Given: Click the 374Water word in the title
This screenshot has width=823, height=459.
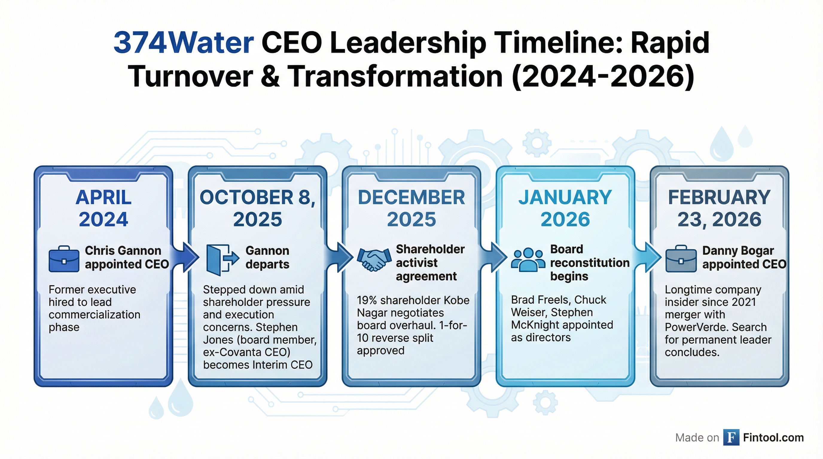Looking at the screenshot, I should click(184, 43).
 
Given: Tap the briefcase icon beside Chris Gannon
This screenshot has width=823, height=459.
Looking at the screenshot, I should click(64, 259).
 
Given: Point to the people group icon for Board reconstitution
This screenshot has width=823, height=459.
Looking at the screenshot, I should click(528, 259).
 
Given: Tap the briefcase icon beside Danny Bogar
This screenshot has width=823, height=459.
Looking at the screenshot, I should click(681, 259).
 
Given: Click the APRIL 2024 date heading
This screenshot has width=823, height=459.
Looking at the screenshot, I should click(103, 208).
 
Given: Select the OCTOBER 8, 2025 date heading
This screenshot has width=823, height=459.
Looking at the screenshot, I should click(257, 208).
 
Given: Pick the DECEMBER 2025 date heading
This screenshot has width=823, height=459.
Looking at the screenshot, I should click(411, 208).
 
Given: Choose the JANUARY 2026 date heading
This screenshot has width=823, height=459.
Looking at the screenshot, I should click(565, 208).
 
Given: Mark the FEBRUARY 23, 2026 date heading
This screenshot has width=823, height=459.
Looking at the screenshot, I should click(720, 208).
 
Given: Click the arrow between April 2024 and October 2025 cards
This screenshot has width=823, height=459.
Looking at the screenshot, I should click(188, 257).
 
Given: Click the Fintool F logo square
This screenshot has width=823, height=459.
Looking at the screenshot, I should click(731, 437).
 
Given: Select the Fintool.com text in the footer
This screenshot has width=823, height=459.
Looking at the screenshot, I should click(773, 437).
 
